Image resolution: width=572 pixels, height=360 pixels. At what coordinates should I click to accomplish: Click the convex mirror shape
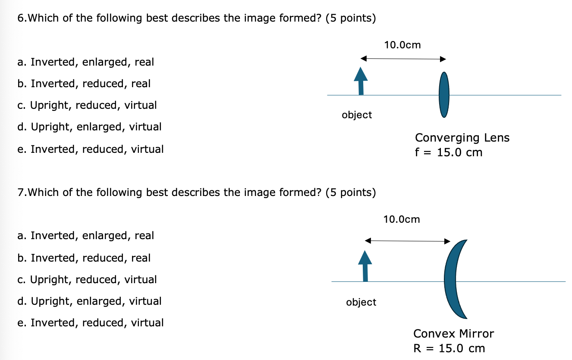[454, 279]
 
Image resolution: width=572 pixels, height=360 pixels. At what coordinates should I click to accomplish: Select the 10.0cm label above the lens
[402, 45]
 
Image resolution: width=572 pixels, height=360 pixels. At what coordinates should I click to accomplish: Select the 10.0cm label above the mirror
[401, 219]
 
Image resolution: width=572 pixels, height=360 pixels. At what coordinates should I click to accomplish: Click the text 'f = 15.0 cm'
[449, 152]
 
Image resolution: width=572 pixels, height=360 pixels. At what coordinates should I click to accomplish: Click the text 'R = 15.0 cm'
[449, 348]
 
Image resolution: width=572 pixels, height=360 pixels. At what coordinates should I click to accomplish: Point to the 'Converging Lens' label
[462, 138]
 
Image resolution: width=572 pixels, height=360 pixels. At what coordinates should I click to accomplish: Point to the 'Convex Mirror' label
[453, 334]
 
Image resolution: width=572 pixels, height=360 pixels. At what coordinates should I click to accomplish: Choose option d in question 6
[90, 127]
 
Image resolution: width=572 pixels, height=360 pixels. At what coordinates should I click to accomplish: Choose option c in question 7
[87, 280]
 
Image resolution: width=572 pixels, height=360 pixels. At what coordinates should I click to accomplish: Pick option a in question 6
[86, 62]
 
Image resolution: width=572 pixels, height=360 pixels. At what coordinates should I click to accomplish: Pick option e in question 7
[91, 323]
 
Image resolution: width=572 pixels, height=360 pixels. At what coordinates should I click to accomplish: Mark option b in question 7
[84, 258]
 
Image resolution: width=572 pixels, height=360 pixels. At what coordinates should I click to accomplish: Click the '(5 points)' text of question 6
[351, 19]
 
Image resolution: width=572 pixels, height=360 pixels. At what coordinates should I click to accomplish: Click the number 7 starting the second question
[20, 193]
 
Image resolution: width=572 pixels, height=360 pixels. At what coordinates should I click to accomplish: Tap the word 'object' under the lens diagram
[357, 115]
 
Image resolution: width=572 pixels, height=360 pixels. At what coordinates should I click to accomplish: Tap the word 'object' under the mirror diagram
[361, 302]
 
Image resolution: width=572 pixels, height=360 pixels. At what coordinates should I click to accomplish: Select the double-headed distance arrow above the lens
[403, 59]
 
